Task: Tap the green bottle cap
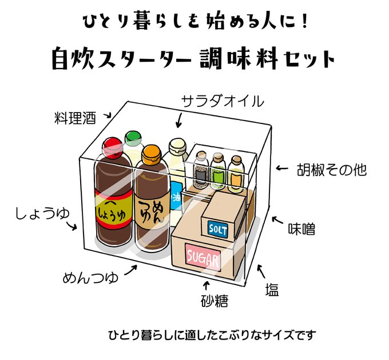coord(133,137)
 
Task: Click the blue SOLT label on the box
coord(217,229)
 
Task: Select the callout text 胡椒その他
coord(331,170)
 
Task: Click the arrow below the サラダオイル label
coord(180,120)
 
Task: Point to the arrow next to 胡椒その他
coord(281,169)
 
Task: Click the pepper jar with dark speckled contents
coord(200,175)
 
